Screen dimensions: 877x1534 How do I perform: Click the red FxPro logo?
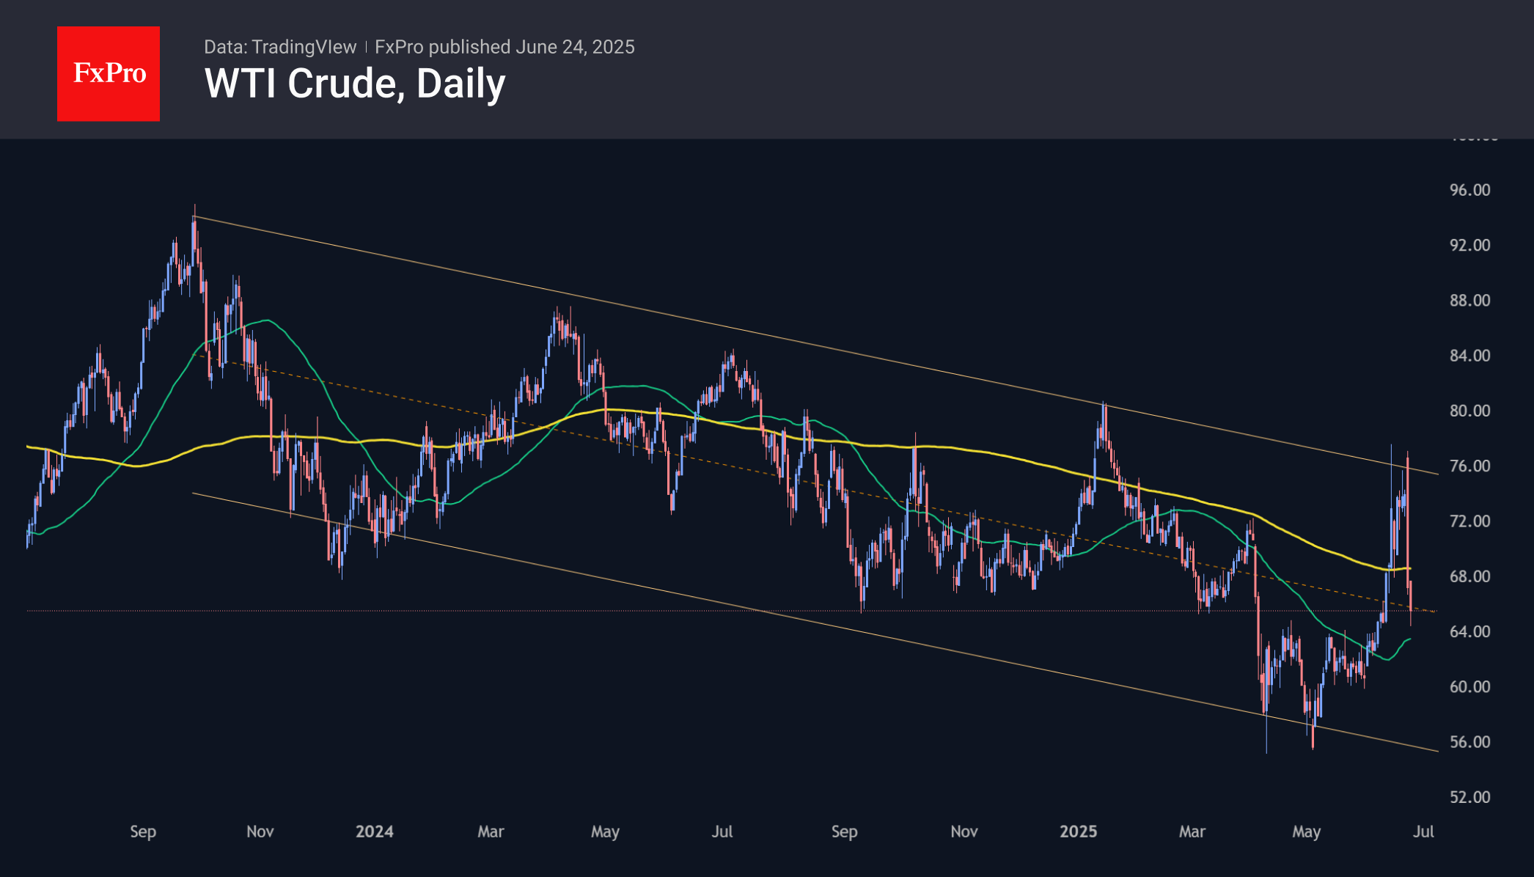(x=109, y=73)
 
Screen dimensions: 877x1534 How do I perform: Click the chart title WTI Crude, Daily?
(x=355, y=84)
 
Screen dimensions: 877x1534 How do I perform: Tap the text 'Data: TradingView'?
(x=280, y=47)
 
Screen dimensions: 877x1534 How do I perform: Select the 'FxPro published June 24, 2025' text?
(x=504, y=47)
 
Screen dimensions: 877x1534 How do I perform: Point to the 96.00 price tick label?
(x=1469, y=190)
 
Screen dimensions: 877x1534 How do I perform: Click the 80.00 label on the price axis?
(x=1469, y=411)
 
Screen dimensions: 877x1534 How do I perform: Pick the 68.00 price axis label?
(x=1469, y=576)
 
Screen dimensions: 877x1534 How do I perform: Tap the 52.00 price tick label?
(x=1469, y=797)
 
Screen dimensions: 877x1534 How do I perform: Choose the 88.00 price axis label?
(x=1469, y=301)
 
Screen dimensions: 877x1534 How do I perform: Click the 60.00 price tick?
(x=1469, y=687)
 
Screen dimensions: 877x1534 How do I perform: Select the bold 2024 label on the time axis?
(x=374, y=832)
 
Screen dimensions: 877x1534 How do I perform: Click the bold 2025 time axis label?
(x=1078, y=832)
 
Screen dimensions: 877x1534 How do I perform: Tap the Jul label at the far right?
(x=1423, y=832)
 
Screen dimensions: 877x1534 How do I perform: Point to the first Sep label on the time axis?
(x=143, y=832)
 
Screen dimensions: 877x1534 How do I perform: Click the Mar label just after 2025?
(x=1192, y=832)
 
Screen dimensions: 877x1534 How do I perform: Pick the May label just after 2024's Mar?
(x=605, y=832)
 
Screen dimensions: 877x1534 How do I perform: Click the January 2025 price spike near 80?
(x=1104, y=404)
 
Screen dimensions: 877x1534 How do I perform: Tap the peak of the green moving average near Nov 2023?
(x=267, y=320)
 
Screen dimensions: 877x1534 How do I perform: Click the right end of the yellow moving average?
(x=1409, y=568)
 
